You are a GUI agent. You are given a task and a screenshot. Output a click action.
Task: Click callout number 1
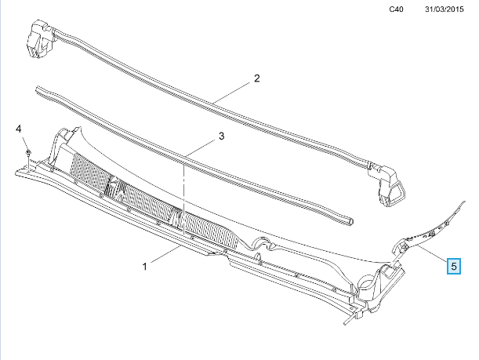(x=145, y=267)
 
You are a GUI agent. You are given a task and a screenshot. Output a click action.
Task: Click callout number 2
(x=257, y=78)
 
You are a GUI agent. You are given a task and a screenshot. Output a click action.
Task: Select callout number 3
(x=222, y=136)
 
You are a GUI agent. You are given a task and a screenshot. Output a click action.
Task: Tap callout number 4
(x=19, y=129)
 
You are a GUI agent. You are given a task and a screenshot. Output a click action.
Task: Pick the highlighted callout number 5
(x=454, y=266)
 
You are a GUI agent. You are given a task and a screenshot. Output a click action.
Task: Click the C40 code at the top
(x=396, y=9)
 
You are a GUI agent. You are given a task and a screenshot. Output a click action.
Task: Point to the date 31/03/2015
(x=445, y=9)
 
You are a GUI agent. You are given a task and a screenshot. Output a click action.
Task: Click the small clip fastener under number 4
(x=28, y=153)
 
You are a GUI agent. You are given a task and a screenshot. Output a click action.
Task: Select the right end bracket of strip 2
(x=388, y=186)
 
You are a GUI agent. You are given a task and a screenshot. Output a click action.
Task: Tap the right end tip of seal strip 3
(x=351, y=222)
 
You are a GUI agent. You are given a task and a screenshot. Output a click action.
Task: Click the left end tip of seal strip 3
(x=38, y=89)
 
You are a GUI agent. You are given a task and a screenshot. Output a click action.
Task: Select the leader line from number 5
(x=430, y=252)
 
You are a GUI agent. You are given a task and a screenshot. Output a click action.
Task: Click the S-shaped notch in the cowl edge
(x=263, y=244)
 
